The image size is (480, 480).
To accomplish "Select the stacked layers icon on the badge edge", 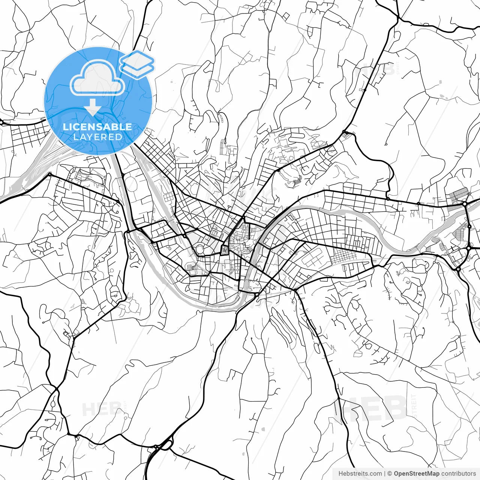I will click(x=137, y=64).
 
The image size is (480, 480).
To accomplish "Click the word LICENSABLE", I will click(x=97, y=127).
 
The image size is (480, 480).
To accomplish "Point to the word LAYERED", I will click(x=97, y=137).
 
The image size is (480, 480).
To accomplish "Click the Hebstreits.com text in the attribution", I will click(x=360, y=474).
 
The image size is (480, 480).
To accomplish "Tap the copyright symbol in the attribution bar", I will click(x=390, y=474).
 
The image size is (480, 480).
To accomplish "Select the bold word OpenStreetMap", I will click(x=417, y=474).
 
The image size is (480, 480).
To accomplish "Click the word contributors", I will click(x=458, y=474).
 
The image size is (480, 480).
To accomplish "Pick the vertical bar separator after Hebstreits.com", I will click(x=385, y=474).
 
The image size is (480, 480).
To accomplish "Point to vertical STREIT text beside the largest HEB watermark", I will click(x=414, y=407).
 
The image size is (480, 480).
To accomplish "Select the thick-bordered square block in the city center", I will click(x=225, y=250).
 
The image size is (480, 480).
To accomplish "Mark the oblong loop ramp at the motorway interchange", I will click(x=165, y=445).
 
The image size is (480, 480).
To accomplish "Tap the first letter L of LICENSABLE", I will click(x=65, y=127).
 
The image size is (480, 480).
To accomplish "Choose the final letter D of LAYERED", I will click(x=119, y=137).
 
